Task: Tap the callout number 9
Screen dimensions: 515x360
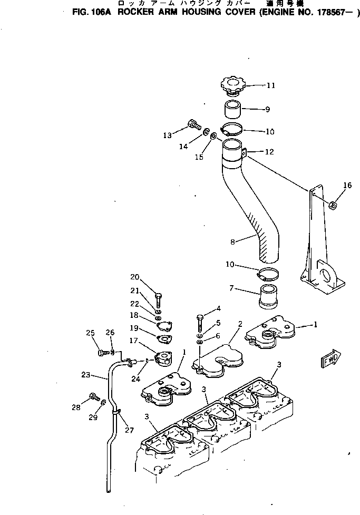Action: (x=268, y=110)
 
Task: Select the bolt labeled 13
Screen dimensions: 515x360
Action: (x=193, y=125)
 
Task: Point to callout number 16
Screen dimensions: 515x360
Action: (x=346, y=186)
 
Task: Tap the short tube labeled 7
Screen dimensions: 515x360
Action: (x=269, y=297)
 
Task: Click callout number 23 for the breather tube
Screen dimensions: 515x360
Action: (x=86, y=375)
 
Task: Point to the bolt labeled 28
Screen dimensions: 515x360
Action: (x=93, y=396)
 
